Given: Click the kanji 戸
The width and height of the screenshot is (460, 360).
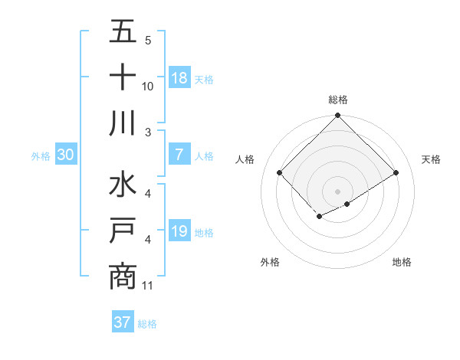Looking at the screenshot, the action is pos(123,231).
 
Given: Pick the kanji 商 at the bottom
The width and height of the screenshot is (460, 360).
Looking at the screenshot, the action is pos(123,277).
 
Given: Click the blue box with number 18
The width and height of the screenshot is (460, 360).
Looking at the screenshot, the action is pos(179,78).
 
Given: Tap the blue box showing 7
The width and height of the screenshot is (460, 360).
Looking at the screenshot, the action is pos(179,155).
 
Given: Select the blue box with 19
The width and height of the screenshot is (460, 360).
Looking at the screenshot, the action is pos(179,231).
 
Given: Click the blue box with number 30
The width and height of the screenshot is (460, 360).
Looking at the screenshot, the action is pos(65,155).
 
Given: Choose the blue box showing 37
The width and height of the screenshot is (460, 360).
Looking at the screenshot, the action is pos(122,322).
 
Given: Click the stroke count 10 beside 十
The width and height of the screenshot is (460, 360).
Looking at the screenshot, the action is pos(148,86).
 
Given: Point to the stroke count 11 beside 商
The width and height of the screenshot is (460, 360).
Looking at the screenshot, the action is pos(148,286).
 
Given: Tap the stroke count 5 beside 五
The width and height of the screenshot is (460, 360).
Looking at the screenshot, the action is pos(148,40).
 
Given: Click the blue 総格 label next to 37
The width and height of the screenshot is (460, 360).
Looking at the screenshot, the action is pos(147,324).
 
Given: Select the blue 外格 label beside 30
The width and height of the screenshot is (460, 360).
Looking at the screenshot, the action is pos(41,156).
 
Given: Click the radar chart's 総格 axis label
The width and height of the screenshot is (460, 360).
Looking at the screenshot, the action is pos(338,100).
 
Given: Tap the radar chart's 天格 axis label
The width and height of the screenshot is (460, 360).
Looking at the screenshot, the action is pos(432,159).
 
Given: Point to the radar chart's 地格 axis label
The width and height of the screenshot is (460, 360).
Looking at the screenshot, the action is pos(402,262).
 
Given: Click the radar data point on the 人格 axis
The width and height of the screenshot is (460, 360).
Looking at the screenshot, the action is pos(280,173).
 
